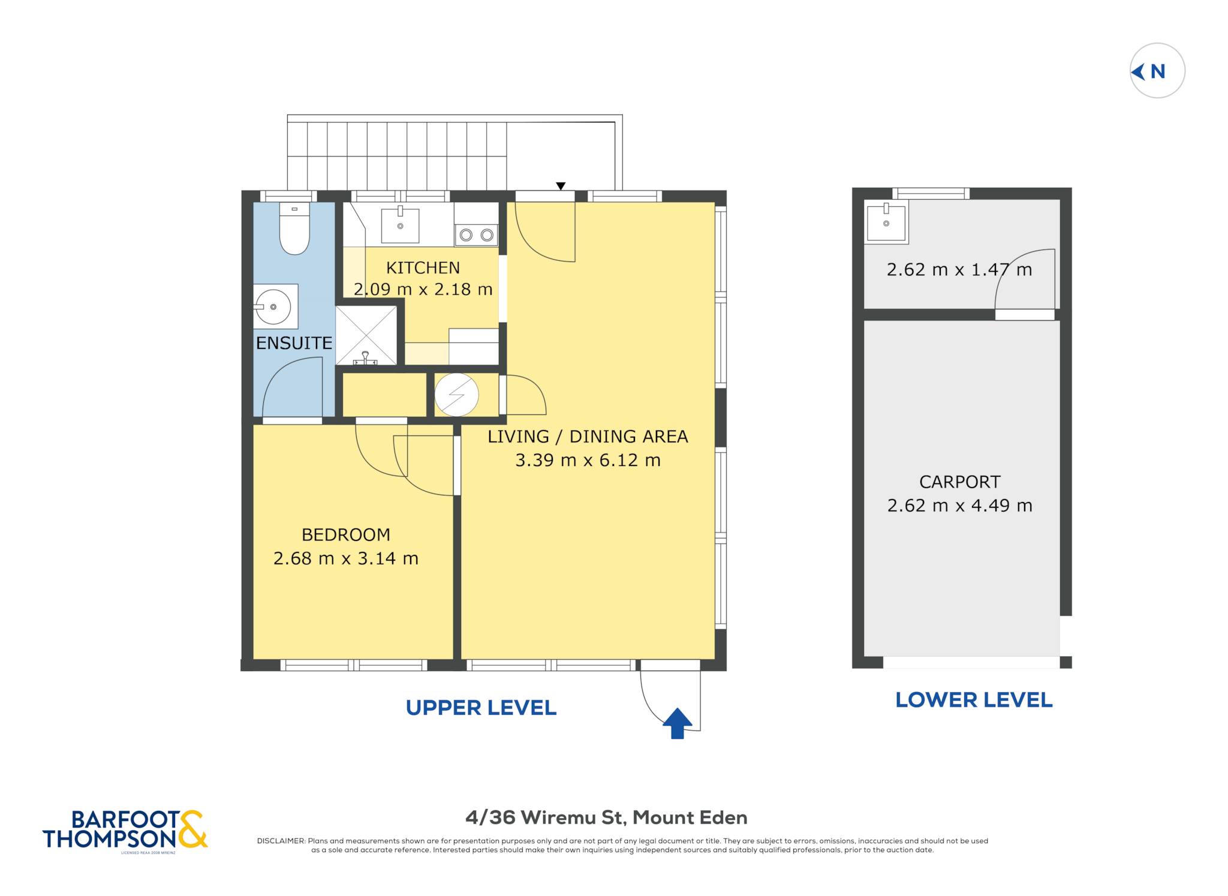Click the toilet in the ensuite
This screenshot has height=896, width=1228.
pos(294,228)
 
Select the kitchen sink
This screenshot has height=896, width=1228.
pos(400,224)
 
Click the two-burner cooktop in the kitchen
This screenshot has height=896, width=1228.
pos(476,235)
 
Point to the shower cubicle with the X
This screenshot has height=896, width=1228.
pos(366,335)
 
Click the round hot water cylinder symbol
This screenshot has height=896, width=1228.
pos(456,395)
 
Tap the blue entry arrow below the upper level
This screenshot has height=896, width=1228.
pos(678,723)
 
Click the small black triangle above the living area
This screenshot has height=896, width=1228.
pos(561,187)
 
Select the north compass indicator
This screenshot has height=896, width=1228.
pos(1157,71)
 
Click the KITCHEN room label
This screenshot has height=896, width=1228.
pos(423,267)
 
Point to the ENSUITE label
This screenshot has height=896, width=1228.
pos(294,343)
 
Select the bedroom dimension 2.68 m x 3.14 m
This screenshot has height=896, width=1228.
pos(346,558)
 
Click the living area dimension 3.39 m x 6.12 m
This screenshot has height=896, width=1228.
pos(588,460)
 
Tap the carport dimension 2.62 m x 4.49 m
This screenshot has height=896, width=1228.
pos(959,506)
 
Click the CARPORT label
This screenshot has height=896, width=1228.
pos(959,482)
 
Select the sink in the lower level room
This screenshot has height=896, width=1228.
pos(886,222)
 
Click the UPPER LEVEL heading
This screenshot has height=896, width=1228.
pos(481,708)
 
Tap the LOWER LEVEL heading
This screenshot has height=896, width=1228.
pos(974,700)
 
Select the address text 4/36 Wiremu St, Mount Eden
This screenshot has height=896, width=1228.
pos(606,817)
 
